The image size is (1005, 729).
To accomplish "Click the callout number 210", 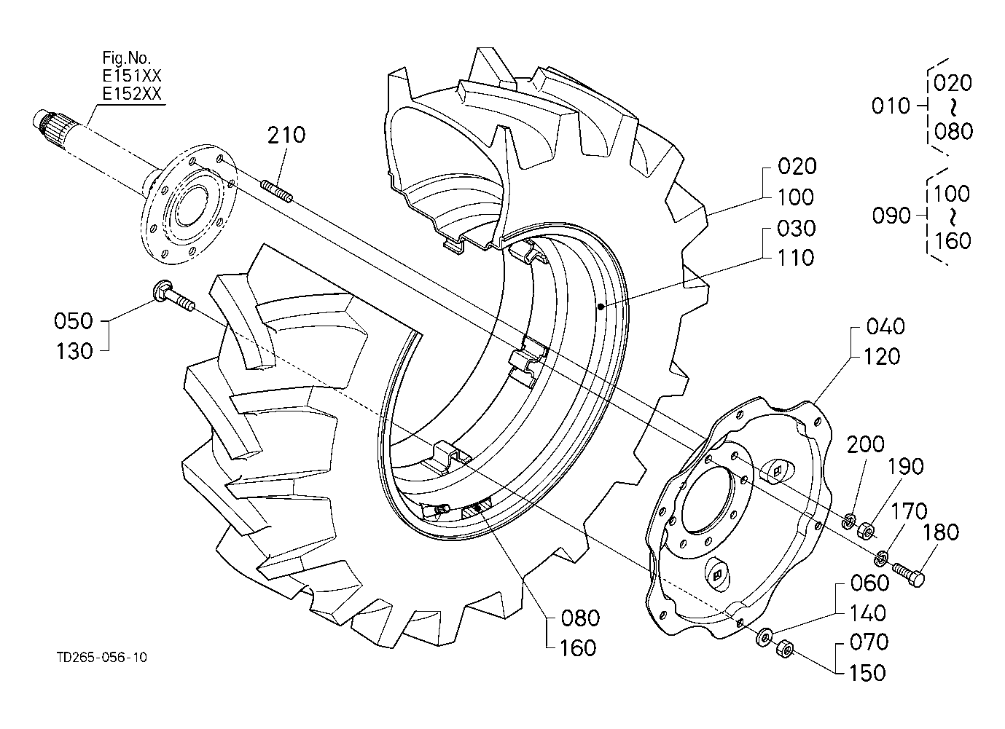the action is (286, 135).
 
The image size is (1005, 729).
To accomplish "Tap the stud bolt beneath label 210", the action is (277, 191).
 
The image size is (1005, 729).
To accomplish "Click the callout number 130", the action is (74, 351).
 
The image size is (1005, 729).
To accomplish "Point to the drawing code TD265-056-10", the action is (102, 658).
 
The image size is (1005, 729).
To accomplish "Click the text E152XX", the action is (132, 94).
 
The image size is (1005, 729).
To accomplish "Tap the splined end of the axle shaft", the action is (50, 122).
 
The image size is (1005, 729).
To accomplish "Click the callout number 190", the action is (905, 466).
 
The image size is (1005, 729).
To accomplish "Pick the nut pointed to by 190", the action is (866, 532).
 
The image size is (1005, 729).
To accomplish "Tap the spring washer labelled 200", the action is (848, 521).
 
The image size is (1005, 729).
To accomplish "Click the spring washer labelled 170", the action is (881, 557).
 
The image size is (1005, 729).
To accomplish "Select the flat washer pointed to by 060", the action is (763, 637).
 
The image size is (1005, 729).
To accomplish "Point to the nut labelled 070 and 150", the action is (785, 649).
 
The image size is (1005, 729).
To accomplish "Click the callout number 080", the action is (580, 618).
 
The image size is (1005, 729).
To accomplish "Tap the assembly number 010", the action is (891, 106).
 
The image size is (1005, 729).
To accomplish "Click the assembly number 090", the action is (891, 216).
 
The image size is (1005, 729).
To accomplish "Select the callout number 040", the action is (885, 326).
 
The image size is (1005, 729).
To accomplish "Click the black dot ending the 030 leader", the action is (601, 307).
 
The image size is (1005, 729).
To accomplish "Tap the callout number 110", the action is (796, 258).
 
